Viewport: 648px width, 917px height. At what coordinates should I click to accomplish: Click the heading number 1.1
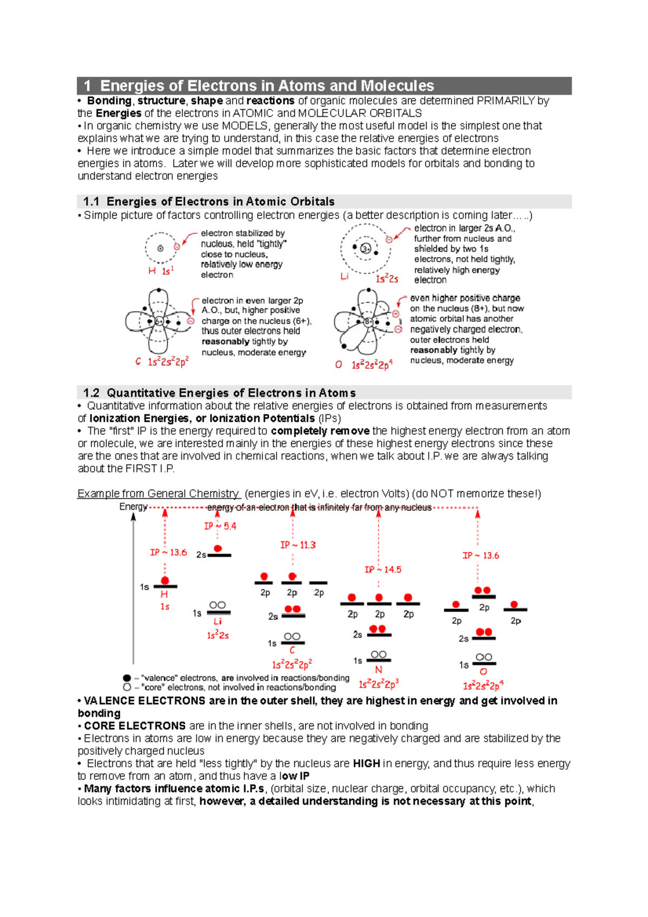91,202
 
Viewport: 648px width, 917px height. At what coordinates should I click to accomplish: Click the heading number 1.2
91,393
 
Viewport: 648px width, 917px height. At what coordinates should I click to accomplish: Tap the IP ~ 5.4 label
220,526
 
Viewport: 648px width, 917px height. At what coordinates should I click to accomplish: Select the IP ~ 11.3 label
298,545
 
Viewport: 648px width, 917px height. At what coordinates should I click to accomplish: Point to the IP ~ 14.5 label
382,570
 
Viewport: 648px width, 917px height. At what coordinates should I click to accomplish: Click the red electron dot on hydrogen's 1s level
165,581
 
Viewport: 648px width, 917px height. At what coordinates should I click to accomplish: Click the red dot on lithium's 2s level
218,549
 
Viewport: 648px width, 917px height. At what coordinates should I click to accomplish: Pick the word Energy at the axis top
133,507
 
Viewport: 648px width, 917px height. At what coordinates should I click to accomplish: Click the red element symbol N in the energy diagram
379,670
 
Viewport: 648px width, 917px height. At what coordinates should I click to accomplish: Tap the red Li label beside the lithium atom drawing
345,277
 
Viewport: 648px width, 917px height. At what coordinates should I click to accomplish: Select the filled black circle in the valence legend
127,678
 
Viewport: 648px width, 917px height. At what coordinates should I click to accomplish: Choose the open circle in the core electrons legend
127,687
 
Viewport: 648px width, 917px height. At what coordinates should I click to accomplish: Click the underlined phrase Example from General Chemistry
158,494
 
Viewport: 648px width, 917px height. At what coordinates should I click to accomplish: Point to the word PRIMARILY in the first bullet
506,101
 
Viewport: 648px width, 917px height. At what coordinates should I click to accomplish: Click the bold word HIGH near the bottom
366,764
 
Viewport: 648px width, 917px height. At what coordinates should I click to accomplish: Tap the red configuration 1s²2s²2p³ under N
379,684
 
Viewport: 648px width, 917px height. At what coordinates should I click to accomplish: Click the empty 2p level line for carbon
318,583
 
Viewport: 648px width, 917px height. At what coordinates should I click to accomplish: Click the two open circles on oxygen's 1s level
484,657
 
